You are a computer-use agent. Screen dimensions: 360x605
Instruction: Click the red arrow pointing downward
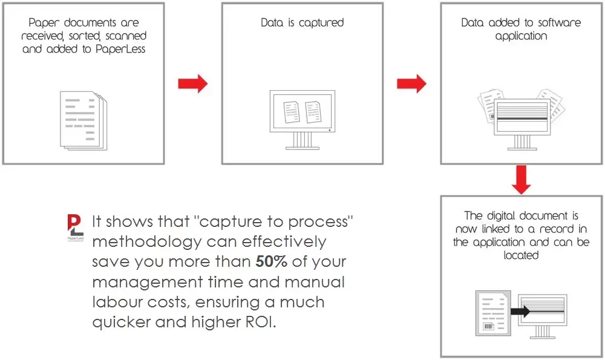pyautogui.click(x=521, y=178)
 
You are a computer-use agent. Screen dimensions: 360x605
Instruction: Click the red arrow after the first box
pyautogui.click(x=192, y=83)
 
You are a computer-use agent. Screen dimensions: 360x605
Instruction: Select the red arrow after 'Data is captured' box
pyautogui.click(x=411, y=83)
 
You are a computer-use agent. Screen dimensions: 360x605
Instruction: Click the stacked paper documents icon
pyautogui.click(x=82, y=119)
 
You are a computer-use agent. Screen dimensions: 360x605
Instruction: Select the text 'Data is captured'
pyautogui.click(x=302, y=23)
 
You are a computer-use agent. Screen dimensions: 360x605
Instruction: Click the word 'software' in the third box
pyautogui.click(x=557, y=23)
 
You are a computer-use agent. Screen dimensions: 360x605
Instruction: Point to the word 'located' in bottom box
pyautogui.click(x=521, y=255)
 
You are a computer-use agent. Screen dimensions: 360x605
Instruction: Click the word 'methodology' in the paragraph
pyautogui.click(x=146, y=242)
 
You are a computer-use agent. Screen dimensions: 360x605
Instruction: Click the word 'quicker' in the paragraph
pyautogui.click(x=120, y=322)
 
